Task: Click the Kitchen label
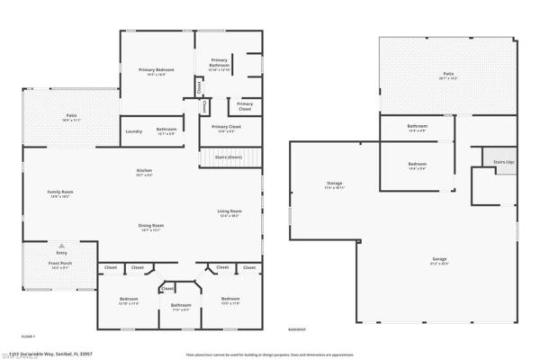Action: point(144,171)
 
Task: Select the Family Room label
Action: point(60,192)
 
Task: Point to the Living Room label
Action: point(229,211)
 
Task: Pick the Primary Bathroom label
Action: point(220,64)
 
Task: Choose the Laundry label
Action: point(133,130)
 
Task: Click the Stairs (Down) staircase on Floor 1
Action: point(229,157)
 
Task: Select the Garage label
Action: point(439,259)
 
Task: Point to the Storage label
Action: point(335,184)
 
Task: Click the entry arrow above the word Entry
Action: point(61,245)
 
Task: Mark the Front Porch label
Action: point(61,265)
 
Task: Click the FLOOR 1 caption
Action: point(29,336)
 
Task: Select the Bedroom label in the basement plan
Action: point(417,164)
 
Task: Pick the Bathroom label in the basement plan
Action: point(417,126)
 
